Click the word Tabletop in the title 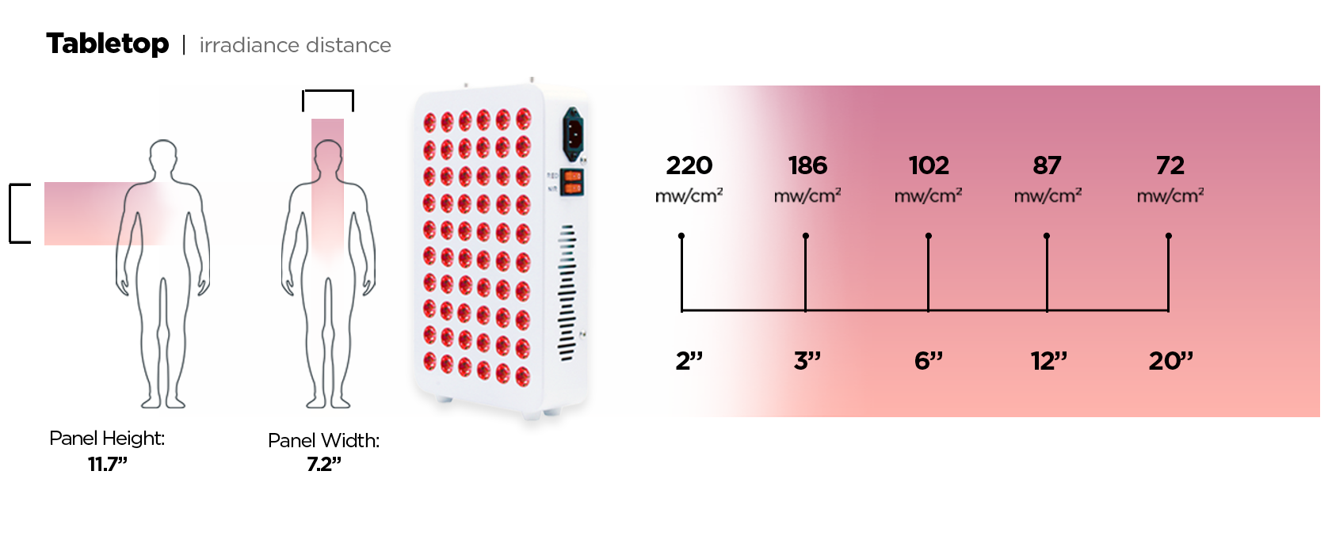[x=107, y=44]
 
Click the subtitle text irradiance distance [x=295, y=45]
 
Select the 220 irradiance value [x=689, y=165]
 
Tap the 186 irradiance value [x=807, y=165]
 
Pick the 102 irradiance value [x=928, y=165]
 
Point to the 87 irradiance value [x=1047, y=165]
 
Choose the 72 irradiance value [x=1170, y=165]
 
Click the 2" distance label [x=689, y=361]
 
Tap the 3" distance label [x=807, y=361]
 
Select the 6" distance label [x=928, y=361]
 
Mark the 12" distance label [x=1048, y=361]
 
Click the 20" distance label [x=1170, y=361]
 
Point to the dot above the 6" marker [x=929, y=236]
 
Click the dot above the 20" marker [x=1169, y=236]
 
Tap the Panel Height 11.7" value [x=107, y=465]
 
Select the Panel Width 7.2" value [x=323, y=465]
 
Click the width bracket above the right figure [x=328, y=93]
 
